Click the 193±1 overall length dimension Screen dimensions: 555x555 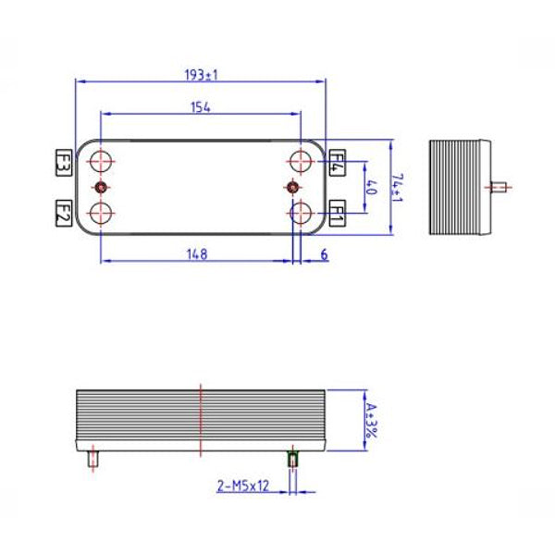(x=201, y=75)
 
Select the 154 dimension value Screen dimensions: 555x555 (x=201, y=107)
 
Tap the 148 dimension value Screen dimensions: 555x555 (x=196, y=253)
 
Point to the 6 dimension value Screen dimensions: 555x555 (x=324, y=253)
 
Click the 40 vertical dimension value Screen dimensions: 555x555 (x=373, y=188)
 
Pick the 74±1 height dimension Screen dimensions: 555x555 (x=397, y=188)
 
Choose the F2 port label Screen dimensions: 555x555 (x=64, y=214)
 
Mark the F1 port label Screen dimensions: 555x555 (x=337, y=214)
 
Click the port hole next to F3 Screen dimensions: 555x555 (x=100, y=161)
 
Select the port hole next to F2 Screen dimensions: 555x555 (x=100, y=214)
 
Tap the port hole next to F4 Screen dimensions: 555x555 (x=300, y=161)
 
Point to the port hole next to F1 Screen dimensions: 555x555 (x=300, y=214)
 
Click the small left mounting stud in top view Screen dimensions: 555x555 (x=100, y=188)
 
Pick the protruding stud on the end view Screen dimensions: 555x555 (x=499, y=188)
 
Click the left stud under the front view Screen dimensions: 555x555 (x=92, y=459)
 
